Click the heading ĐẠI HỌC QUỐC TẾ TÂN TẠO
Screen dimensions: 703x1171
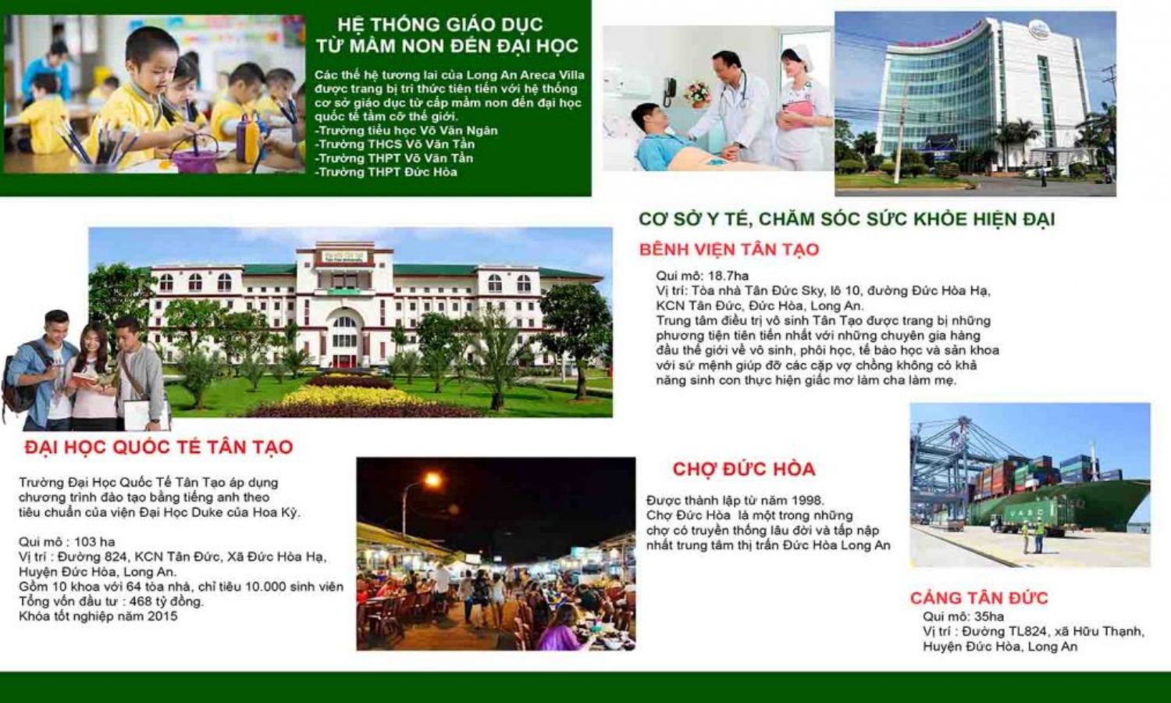point(158,448)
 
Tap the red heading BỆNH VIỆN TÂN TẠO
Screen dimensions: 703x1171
point(728,250)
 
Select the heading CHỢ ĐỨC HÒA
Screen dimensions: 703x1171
point(743,469)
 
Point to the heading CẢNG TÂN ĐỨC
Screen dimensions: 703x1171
point(978,598)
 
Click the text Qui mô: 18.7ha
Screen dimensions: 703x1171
point(702,276)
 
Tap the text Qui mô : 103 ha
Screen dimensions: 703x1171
point(67,542)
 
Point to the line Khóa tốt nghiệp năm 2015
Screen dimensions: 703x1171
point(98,616)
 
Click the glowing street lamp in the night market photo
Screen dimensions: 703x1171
point(432,480)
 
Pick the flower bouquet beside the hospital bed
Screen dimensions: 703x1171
point(696,92)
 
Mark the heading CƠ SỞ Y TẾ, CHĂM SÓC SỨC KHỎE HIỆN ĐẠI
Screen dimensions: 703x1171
point(846,219)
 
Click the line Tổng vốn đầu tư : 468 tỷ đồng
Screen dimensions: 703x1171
point(111,601)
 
